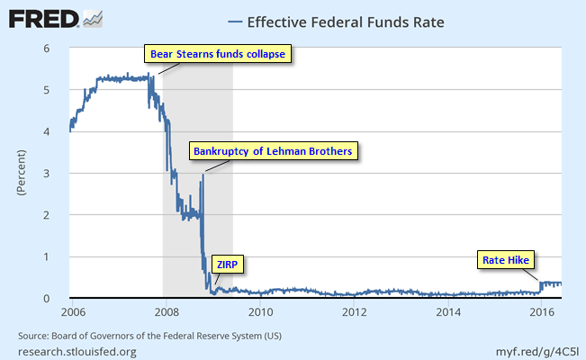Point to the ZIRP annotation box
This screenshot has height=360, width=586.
coord(230,264)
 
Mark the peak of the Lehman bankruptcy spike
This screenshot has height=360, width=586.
coord(203,174)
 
